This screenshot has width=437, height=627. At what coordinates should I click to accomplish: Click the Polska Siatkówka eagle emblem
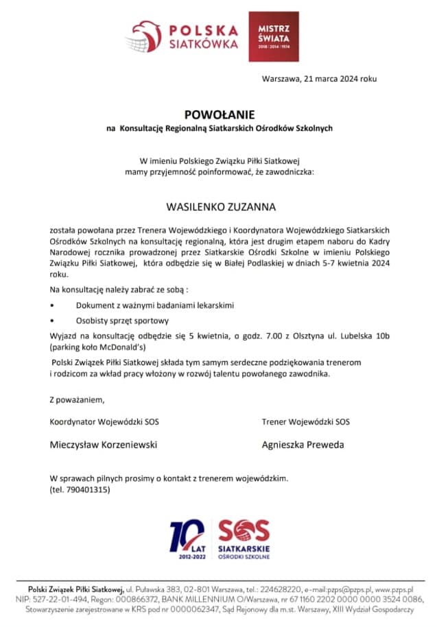(x=143, y=36)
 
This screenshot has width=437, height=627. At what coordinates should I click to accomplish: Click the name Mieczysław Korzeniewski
(x=104, y=445)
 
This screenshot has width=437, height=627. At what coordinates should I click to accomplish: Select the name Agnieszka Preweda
(x=303, y=445)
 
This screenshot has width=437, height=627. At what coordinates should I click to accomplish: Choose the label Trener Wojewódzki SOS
(x=305, y=421)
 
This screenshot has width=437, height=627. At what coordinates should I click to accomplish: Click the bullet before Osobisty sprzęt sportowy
(x=52, y=320)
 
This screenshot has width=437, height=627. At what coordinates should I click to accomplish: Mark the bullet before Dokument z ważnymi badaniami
(x=52, y=304)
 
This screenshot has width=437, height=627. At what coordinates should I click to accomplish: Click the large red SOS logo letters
(x=243, y=530)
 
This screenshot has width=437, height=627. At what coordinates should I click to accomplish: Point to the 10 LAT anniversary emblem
(x=187, y=539)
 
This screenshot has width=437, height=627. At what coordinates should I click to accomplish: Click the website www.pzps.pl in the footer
(x=394, y=589)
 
